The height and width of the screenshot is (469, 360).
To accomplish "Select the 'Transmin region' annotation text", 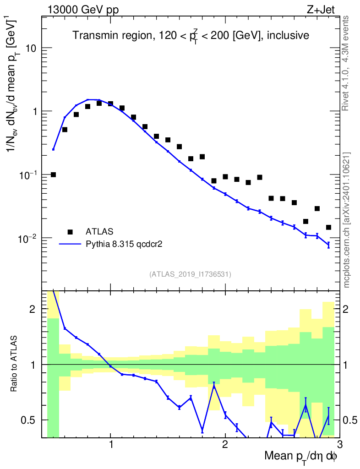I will (191, 35).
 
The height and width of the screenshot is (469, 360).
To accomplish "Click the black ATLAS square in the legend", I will (70, 231).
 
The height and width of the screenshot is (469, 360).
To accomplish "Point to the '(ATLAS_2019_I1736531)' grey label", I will (190, 274).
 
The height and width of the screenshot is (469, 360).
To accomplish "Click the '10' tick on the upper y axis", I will (32, 48).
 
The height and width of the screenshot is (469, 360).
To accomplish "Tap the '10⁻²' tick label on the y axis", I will (27, 238).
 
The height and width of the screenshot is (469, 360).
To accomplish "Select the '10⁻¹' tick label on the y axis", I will (27, 175).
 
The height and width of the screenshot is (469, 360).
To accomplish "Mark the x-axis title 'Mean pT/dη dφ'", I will (300, 457).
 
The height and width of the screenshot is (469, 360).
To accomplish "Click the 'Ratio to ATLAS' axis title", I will (15, 365).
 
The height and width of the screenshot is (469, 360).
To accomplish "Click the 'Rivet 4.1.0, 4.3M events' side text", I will (346, 63).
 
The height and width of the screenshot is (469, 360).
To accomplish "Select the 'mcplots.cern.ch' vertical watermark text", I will (347, 220).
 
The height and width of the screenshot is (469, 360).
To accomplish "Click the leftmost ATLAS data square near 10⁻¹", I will (53, 175).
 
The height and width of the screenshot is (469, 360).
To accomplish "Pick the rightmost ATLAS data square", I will (328, 227).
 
